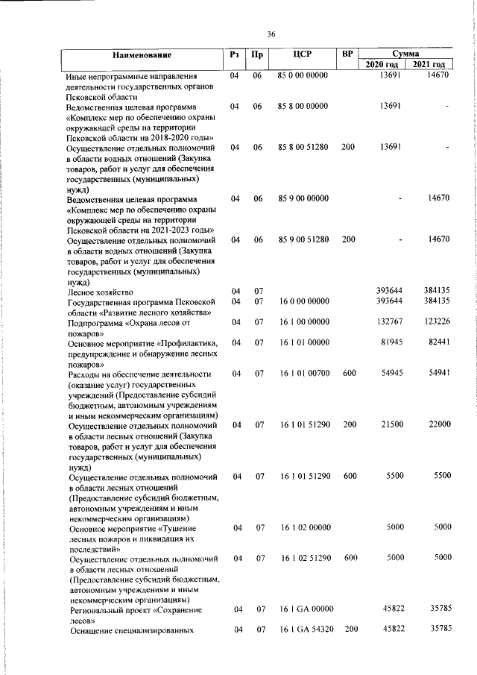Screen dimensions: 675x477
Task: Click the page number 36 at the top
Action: (271, 33)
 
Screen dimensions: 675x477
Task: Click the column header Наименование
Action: (142, 56)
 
